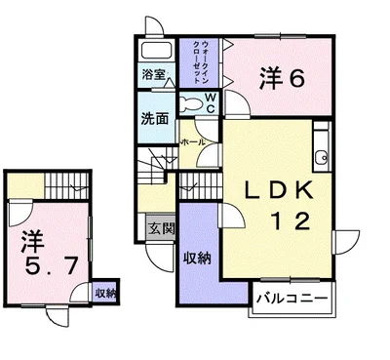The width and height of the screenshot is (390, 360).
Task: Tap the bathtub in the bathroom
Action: pyautogui.click(x=155, y=52)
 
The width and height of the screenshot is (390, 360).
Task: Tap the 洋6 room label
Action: pyautogui.click(x=283, y=79)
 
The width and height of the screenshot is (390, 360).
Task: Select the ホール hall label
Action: pyautogui.click(x=192, y=142)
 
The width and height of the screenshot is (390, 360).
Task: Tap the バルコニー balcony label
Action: pyautogui.click(x=292, y=296)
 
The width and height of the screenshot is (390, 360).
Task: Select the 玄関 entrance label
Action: pyautogui.click(x=161, y=229)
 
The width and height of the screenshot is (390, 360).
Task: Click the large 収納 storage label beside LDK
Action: pyautogui.click(x=197, y=259)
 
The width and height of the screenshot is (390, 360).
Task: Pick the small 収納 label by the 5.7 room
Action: pyautogui.click(x=105, y=292)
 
